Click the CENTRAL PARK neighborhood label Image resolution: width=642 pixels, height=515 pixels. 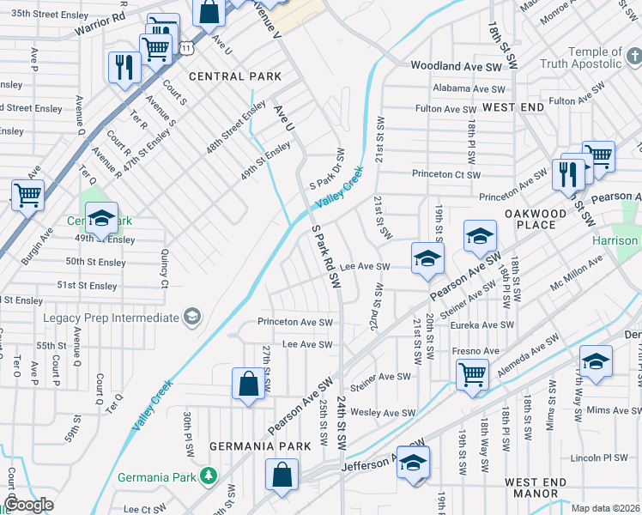pos(235,76)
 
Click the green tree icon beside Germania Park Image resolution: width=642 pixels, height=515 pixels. pos(208,476)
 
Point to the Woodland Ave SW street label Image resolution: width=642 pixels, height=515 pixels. pos(451,65)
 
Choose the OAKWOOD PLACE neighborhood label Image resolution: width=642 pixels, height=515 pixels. pos(535,219)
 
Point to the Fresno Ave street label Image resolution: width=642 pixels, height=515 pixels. pos(475,351)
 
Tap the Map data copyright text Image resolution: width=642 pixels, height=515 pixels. pos(605,508)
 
